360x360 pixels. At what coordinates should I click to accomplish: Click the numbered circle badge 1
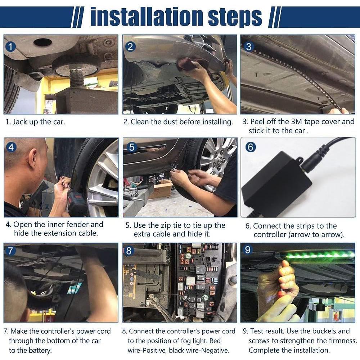pos(10,47)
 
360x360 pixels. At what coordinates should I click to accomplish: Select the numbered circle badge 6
pos(251,147)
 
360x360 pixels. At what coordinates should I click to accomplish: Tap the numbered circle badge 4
pos(11,147)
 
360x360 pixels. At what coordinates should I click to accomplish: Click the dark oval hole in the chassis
pos(43,42)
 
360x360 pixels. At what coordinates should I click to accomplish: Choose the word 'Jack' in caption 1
pos(20,122)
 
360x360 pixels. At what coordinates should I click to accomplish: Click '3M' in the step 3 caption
pos(297,121)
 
